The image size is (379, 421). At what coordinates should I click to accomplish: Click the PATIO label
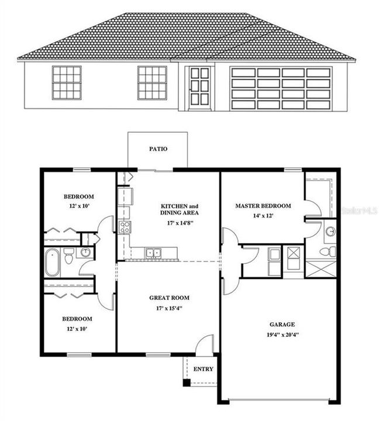tap(158, 149)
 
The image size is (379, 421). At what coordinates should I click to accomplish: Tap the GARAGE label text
tap(282, 325)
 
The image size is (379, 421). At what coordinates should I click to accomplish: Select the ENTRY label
tap(203, 369)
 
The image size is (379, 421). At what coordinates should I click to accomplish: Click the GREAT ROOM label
tap(169, 298)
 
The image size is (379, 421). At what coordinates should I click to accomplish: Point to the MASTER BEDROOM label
tap(263, 206)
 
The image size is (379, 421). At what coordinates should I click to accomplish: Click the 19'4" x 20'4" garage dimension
tap(282, 335)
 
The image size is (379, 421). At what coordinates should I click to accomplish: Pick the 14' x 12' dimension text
tap(263, 216)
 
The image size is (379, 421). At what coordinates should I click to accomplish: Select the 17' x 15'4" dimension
tap(169, 308)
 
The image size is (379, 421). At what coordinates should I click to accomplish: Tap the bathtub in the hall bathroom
tap(52, 263)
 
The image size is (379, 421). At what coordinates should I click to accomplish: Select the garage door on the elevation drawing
tap(281, 88)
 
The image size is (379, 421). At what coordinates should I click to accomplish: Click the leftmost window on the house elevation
tap(67, 82)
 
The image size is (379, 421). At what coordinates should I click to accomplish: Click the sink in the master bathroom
tap(330, 232)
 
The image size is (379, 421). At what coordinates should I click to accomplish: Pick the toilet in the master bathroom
tap(329, 251)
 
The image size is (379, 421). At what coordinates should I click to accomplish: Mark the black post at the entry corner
tap(186, 383)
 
